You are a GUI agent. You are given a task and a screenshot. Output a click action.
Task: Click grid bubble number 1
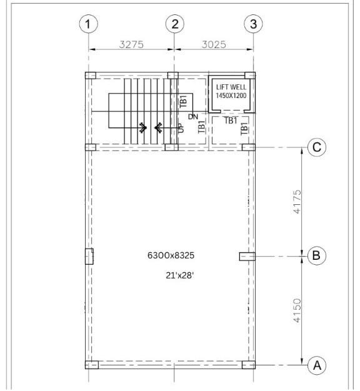click(x=88, y=24)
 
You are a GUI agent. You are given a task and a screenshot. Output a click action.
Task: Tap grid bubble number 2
click(x=175, y=24)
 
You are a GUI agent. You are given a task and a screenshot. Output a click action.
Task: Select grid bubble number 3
click(x=253, y=24)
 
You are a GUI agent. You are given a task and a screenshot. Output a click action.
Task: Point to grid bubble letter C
click(x=317, y=147)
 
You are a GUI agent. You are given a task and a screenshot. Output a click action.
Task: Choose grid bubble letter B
click(x=317, y=255)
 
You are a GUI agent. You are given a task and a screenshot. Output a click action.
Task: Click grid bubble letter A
click(x=317, y=365)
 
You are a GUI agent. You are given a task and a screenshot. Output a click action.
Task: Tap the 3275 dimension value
click(x=131, y=44)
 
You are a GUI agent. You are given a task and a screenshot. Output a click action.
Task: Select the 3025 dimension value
click(x=214, y=44)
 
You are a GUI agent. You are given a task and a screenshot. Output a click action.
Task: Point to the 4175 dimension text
click(x=297, y=202)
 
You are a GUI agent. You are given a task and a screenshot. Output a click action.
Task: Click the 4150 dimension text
click(x=297, y=310)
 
